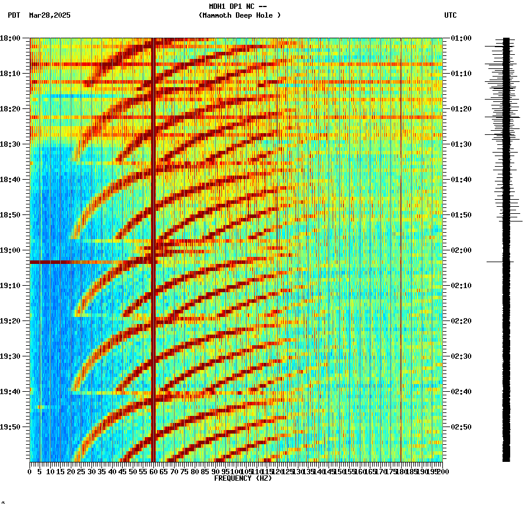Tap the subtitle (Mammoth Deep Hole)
tap(239, 15)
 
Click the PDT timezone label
tap(14, 15)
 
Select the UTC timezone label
tap(450, 15)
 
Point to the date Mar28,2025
tap(50, 15)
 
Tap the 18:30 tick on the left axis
tap(11, 144)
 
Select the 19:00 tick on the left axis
tap(11, 250)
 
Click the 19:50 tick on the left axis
tap(11, 427)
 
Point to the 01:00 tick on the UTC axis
tap(461, 38)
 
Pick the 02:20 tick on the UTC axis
tap(461, 321)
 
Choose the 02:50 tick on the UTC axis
tap(461, 427)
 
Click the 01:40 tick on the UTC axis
tap(461, 180)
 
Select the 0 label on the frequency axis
tap(30, 472)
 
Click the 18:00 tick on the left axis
tap(11, 38)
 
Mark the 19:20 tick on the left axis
tap(11, 321)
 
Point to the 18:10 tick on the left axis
tap(11, 74)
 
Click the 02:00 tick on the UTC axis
tap(461, 250)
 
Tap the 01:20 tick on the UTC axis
tap(461, 109)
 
